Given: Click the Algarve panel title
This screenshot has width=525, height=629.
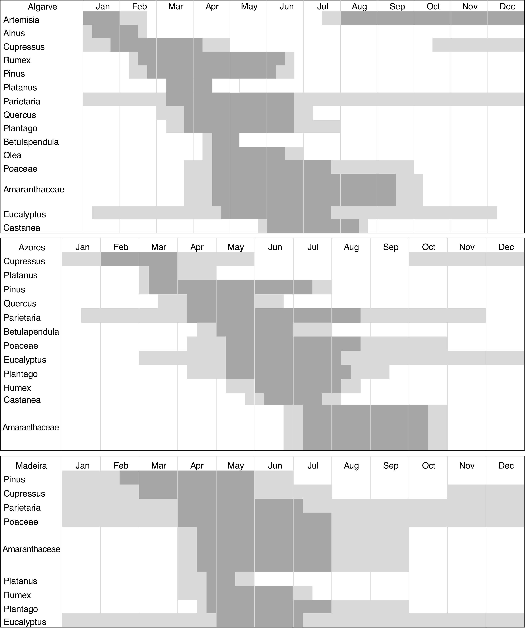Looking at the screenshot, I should point(42,7).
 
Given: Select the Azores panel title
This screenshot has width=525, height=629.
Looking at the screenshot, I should point(32,247).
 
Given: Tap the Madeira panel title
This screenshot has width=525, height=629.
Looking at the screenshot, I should point(31,466).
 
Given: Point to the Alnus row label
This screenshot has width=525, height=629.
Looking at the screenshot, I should point(14,33).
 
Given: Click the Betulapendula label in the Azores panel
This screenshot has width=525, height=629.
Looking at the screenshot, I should point(31,332).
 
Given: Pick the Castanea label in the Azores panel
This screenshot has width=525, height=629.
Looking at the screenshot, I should point(22,400).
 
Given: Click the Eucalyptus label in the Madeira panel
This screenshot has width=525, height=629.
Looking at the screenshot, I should point(25,622).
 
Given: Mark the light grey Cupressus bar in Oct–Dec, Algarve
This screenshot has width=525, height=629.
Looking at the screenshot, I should point(478,45).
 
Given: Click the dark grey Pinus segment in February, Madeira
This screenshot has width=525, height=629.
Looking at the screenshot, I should point(129,478).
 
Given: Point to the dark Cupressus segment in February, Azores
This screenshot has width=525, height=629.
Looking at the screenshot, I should point(120,259).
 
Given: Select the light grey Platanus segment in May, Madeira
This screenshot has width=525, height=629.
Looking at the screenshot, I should point(245,579).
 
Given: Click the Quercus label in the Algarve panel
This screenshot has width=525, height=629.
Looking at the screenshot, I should point(19,115).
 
